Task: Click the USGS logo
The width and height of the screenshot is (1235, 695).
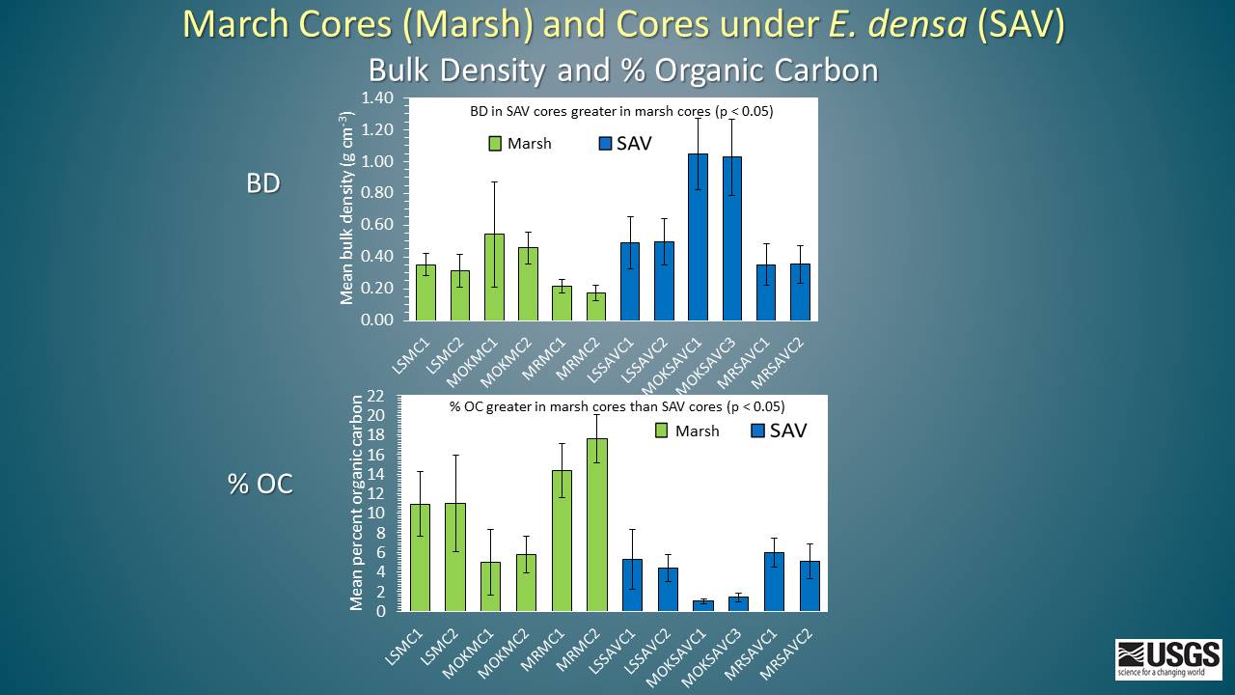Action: pyautogui.click(x=1167, y=659)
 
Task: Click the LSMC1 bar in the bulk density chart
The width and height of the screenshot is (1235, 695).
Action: pyautogui.click(x=425, y=292)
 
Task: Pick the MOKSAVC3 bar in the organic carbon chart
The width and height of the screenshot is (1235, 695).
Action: pyautogui.click(x=738, y=603)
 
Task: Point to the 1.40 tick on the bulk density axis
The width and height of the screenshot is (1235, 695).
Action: pyautogui.click(x=377, y=98)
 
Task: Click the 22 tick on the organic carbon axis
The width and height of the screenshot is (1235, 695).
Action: pyautogui.click(x=376, y=396)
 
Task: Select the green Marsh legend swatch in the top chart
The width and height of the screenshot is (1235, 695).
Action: pyautogui.click(x=495, y=144)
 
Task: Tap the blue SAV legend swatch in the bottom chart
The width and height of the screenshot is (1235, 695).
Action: pyautogui.click(x=757, y=431)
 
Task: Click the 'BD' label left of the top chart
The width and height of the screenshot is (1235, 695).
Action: pyautogui.click(x=262, y=183)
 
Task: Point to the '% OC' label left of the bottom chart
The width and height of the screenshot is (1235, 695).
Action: pyautogui.click(x=261, y=484)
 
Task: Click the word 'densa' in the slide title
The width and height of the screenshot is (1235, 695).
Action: pyautogui.click(x=920, y=25)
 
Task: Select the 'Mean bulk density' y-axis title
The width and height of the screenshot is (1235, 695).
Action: pyautogui.click(x=347, y=208)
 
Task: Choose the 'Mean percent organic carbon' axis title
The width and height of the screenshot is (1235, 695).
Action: pyautogui.click(x=357, y=502)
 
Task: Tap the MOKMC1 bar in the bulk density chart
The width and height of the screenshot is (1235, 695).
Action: pyautogui.click(x=494, y=276)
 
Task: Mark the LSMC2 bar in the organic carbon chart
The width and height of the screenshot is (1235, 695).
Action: pyautogui.click(x=455, y=557)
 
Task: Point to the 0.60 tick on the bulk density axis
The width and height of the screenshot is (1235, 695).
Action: pyautogui.click(x=377, y=225)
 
